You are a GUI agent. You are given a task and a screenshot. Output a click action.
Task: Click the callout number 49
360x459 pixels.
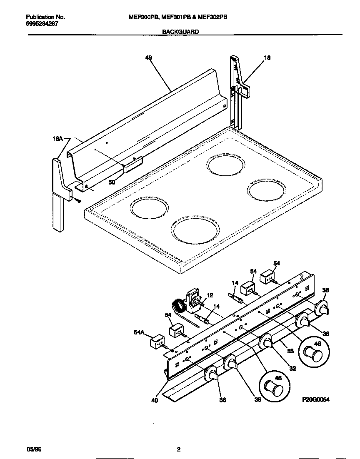149,58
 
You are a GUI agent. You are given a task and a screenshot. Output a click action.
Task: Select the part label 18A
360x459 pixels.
57,140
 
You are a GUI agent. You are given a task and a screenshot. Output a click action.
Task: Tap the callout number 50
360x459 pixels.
112,182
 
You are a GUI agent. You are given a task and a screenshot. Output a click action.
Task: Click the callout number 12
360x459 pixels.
210,295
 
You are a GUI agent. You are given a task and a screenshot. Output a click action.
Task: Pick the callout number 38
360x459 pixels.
326,290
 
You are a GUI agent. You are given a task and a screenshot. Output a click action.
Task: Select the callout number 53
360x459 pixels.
290,351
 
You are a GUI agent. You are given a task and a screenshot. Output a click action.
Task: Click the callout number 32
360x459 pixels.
292,368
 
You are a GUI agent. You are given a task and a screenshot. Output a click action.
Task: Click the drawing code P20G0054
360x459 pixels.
316,399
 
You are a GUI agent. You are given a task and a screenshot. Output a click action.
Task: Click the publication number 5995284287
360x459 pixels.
42,24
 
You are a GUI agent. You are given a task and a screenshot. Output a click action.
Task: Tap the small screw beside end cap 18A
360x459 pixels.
78,200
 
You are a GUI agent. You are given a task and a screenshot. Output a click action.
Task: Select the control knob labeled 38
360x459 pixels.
322,308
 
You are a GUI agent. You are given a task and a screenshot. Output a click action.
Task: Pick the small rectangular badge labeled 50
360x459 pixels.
133,165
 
